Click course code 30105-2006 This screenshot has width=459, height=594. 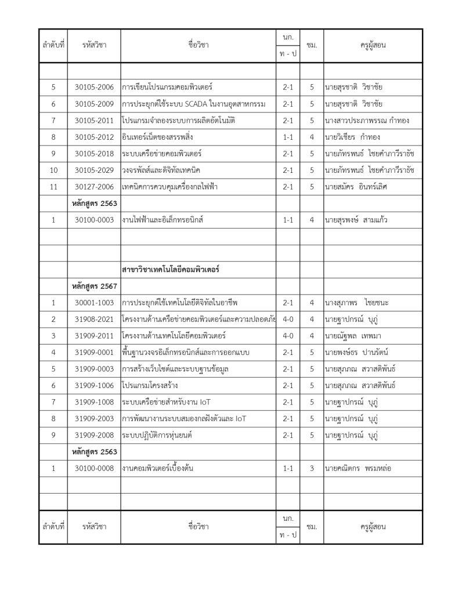94,87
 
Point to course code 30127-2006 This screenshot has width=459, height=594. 94,187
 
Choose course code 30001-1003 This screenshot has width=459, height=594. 94,303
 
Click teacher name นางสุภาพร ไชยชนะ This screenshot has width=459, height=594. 356,303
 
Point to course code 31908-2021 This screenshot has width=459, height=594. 94,320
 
